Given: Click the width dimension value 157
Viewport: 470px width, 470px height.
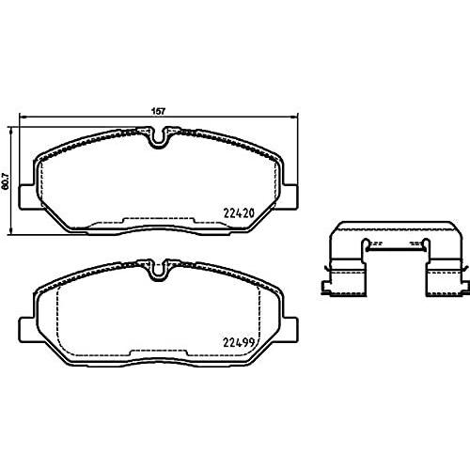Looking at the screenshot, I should coord(160,111).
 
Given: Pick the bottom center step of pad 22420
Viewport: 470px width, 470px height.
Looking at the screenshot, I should coord(160,223).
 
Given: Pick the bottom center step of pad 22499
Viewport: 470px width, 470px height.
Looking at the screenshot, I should coord(160,354).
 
